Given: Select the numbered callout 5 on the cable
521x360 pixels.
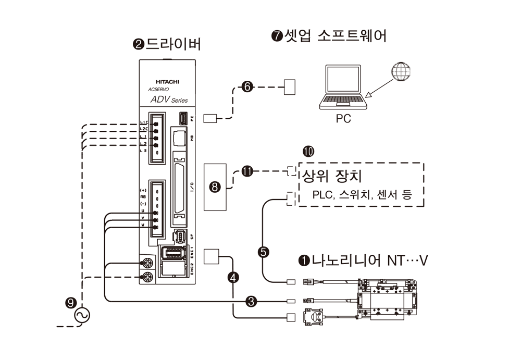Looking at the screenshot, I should (x=264, y=252).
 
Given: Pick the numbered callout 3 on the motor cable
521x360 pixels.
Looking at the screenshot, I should (x=251, y=301).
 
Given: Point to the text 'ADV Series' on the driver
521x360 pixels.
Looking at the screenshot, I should (x=168, y=100).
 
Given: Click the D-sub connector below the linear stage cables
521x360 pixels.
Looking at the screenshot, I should (x=315, y=316).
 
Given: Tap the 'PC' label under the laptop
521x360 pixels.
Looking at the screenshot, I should (x=343, y=119).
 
